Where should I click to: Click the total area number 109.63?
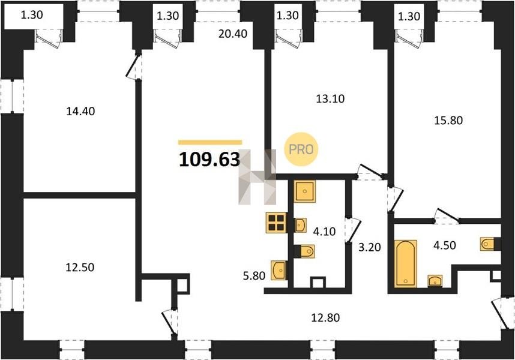(209, 160)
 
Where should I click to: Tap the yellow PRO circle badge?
(301, 149)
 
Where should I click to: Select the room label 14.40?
(80, 112)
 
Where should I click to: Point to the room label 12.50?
(80, 268)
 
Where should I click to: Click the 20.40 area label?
(233, 34)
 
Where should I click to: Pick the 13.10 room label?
(330, 98)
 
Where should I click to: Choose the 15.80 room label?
(448, 121)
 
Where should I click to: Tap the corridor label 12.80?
(325, 317)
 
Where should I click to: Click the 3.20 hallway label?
(370, 247)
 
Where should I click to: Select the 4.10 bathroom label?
(324, 232)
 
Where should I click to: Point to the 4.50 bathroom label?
(444, 245)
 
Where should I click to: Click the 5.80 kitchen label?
(254, 275)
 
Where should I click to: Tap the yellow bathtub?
(406, 263)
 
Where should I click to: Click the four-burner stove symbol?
(276, 223)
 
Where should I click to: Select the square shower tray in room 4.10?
(305, 191)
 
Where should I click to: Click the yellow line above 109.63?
(210, 142)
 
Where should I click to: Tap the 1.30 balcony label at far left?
(32, 15)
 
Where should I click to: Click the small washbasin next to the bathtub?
(435, 281)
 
